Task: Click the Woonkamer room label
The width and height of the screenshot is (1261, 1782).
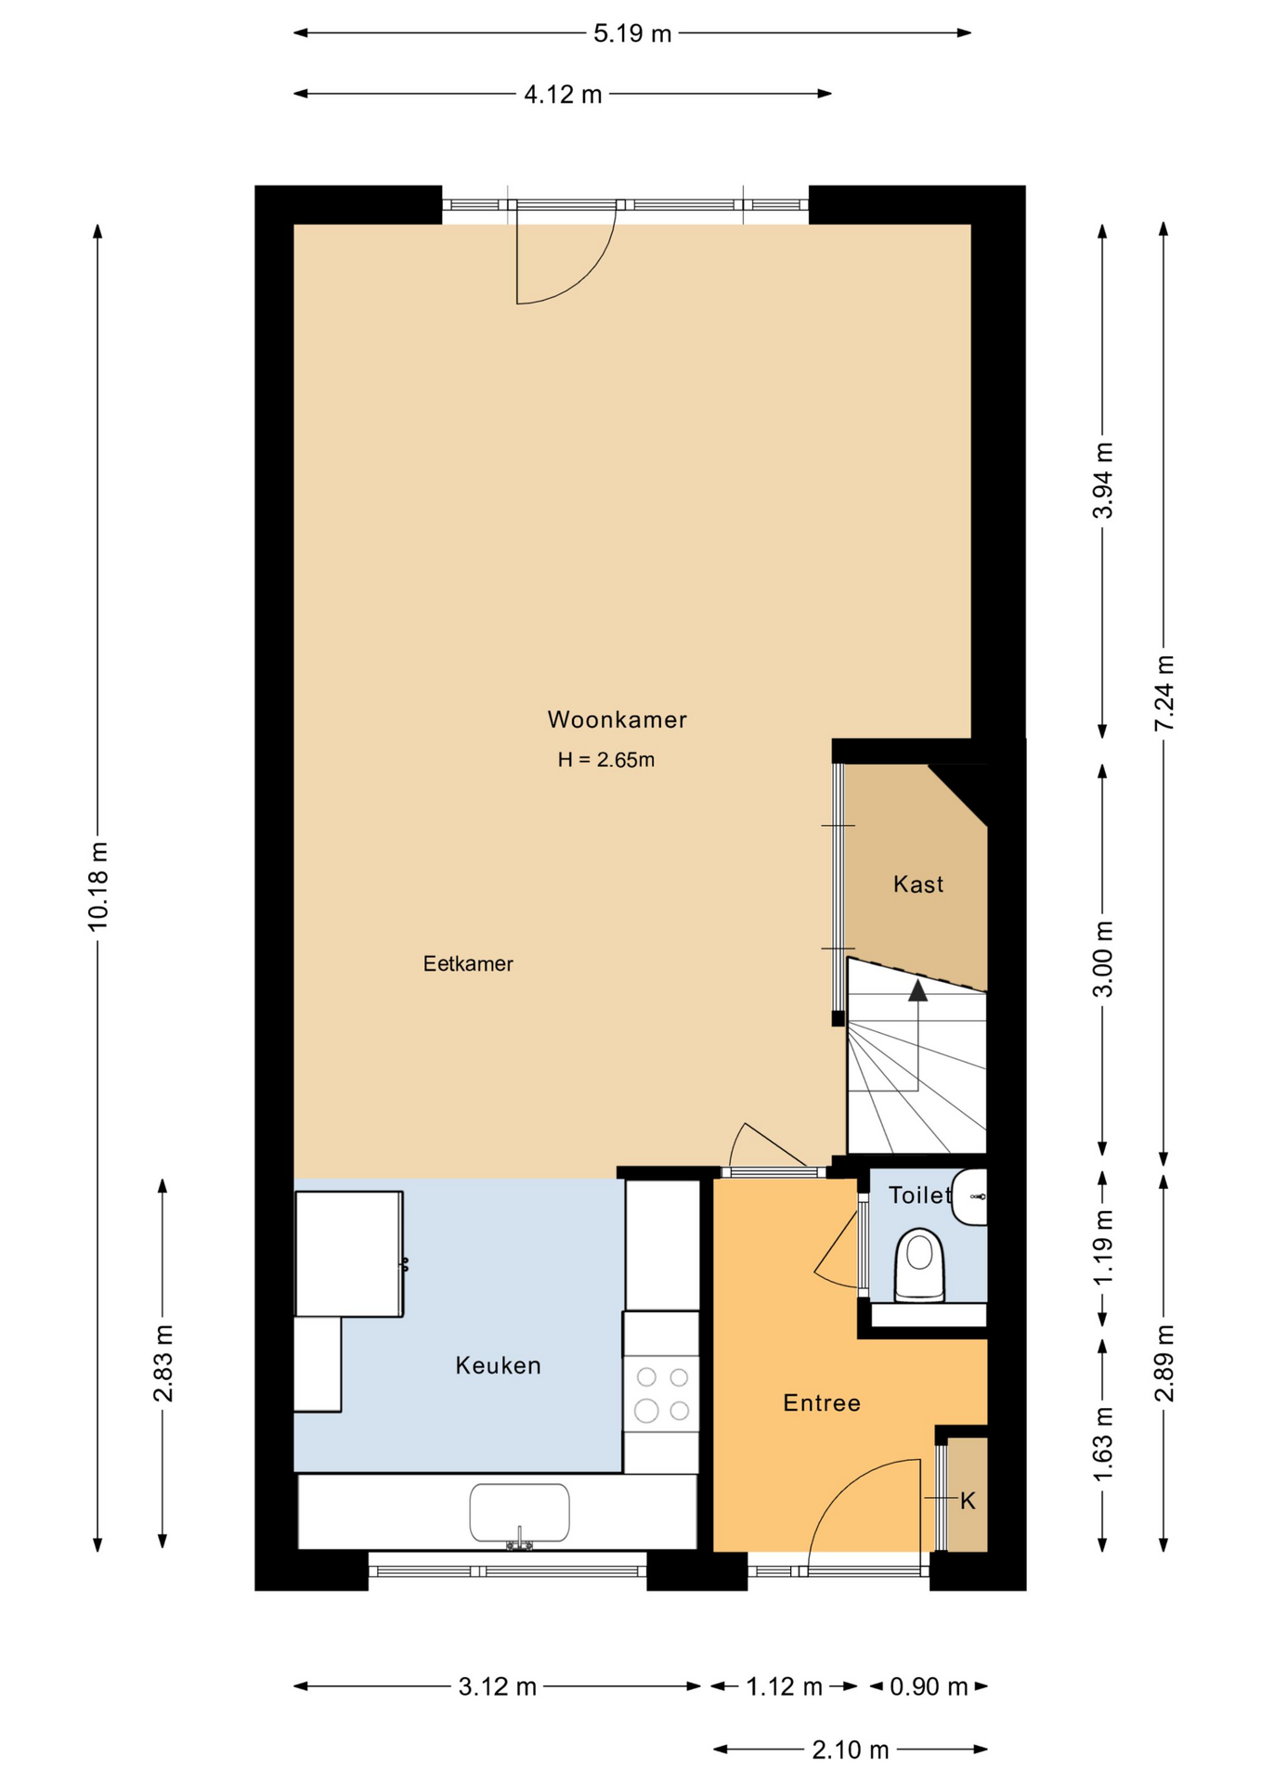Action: (x=617, y=719)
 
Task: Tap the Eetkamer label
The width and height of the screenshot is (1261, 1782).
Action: (x=468, y=963)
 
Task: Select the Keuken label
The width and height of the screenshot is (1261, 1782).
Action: (x=498, y=1365)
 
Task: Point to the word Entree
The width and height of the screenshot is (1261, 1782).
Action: (x=822, y=1402)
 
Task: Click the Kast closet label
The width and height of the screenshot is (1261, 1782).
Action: (x=918, y=884)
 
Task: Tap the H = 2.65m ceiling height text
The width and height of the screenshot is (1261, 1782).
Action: (x=605, y=760)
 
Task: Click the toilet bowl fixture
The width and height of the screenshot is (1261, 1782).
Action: (x=919, y=1265)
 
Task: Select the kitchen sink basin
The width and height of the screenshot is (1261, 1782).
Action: (x=520, y=1512)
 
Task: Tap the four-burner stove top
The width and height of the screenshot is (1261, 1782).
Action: (x=661, y=1394)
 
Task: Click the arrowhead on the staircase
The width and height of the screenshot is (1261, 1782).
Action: (x=918, y=990)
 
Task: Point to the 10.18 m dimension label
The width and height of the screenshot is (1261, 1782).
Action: (x=98, y=886)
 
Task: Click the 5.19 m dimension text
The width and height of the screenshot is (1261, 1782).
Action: (x=632, y=34)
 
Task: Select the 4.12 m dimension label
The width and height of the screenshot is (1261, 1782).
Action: (x=563, y=95)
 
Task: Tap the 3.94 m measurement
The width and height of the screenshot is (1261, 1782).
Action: (x=1102, y=481)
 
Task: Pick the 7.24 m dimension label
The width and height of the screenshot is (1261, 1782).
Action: (x=1164, y=693)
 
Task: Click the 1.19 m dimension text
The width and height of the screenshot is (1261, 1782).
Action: (x=1102, y=1247)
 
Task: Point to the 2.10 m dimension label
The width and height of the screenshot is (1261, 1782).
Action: (x=851, y=1750)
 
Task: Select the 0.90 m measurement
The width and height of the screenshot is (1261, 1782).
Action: (x=929, y=1686)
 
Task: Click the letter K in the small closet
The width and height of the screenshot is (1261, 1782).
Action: (x=968, y=1501)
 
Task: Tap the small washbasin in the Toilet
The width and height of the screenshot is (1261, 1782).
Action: (x=969, y=1197)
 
